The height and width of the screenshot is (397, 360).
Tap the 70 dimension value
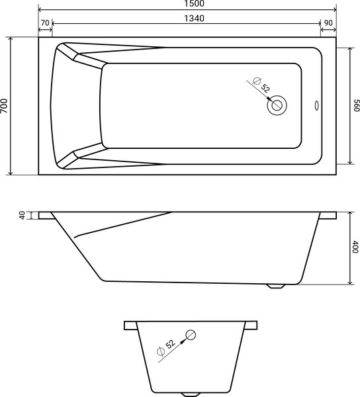(45, 23)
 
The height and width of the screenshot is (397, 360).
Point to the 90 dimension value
(328, 23)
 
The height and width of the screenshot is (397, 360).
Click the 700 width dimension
(5, 106)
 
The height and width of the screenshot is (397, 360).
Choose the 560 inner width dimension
(355, 106)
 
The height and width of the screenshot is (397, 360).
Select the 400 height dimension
(355, 247)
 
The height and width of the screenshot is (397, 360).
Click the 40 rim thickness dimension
(22, 215)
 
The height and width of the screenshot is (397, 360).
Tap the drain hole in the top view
(277, 105)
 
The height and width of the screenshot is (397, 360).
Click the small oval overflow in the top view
(316, 105)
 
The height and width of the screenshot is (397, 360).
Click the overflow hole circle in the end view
(191, 334)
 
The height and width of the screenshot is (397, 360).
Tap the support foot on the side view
(276, 287)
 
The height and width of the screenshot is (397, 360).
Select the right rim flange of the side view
(328, 216)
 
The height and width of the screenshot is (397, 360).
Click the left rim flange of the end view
(130, 326)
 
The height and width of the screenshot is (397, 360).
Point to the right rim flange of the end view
(251, 326)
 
